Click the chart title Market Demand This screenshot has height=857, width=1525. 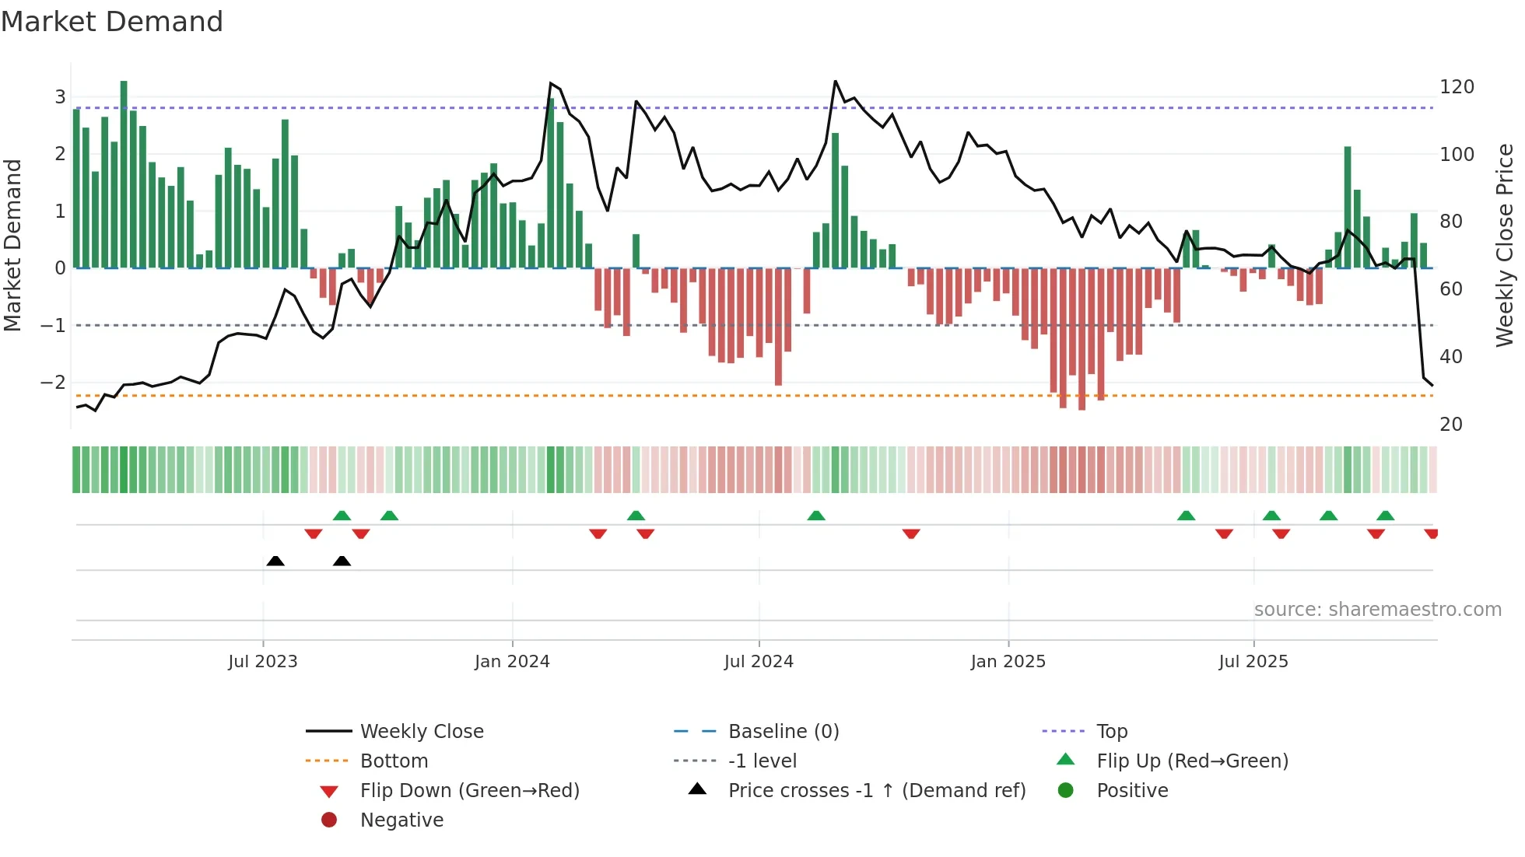(112, 22)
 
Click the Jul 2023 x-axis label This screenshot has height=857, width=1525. (263, 662)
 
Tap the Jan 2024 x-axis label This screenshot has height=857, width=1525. (512, 662)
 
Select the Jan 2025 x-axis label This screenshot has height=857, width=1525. (1008, 662)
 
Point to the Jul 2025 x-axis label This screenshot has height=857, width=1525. (1253, 662)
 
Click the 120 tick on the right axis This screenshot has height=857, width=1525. (1457, 87)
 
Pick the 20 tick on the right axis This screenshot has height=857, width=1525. (1451, 425)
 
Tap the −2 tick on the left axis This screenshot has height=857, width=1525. (53, 383)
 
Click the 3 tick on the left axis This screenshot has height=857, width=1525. (60, 97)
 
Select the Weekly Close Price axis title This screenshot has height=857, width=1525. (1505, 245)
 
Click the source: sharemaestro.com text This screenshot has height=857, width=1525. (1377, 610)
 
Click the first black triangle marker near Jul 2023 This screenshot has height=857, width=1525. (275, 561)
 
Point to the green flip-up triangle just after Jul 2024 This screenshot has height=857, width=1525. (816, 516)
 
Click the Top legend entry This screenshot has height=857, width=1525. (1112, 732)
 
